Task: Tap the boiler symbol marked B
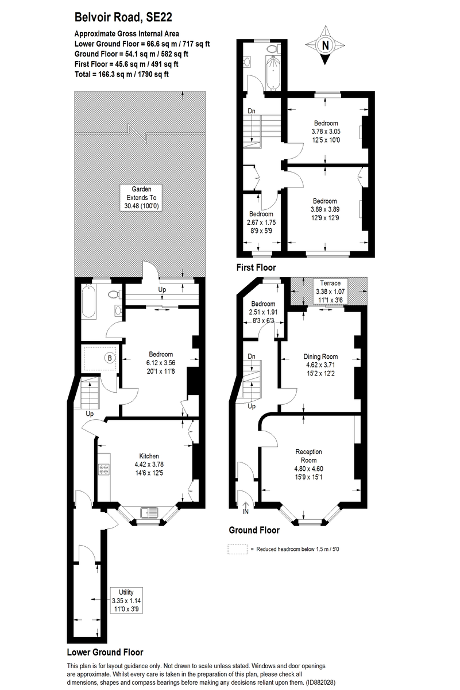(109, 358)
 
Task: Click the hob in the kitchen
(105, 469)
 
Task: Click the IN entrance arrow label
(246, 511)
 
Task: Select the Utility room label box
(126, 601)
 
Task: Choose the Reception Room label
(308, 455)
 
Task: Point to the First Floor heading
(256, 267)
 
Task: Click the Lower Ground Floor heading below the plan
(105, 652)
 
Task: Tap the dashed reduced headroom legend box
(238, 549)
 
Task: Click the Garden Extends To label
(141, 197)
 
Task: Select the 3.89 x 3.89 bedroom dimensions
(324, 209)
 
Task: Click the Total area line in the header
(121, 74)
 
